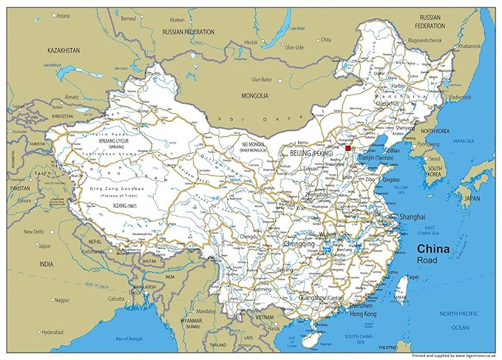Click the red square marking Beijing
[x=348, y=148]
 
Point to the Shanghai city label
[x=412, y=217]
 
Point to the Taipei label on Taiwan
[x=411, y=278]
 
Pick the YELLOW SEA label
[x=400, y=188]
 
